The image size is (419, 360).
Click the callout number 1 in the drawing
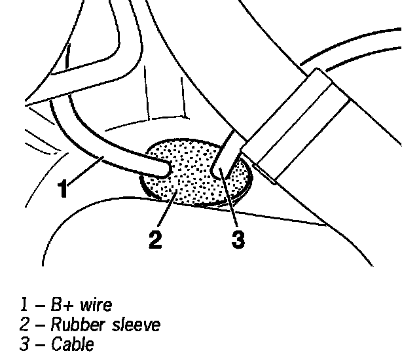pyautogui.click(x=63, y=188)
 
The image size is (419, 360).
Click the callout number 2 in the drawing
pyautogui.click(x=155, y=239)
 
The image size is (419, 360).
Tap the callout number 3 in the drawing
pyautogui.click(x=238, y=239)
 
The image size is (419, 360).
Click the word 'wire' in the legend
pyautogui.click(x=97, y=305)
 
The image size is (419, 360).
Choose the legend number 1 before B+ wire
pyautogui.click(x=23, y=305)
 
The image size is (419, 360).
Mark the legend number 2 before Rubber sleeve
pyautogui.click(x=23, y=324)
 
